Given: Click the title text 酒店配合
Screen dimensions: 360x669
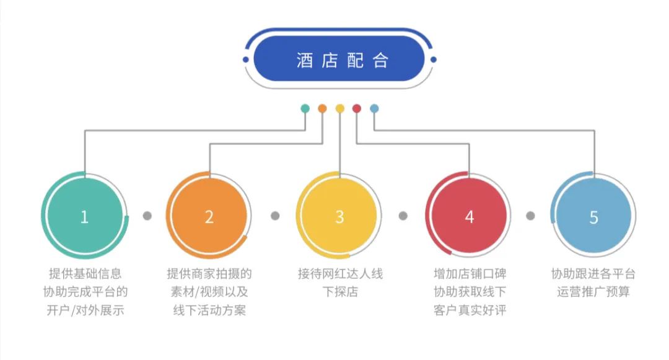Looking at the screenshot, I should click(342, 60).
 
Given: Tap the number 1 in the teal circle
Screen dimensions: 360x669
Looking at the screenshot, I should click(84, 217).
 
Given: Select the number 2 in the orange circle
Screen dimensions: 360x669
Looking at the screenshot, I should click(209, 217).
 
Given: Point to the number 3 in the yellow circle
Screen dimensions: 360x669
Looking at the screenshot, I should click(339, 217).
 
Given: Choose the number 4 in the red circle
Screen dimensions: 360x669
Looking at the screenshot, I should click(469, 217).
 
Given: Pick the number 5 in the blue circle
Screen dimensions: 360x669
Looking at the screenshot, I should click(593, 217).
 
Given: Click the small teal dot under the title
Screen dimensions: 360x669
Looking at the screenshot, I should click(305, 108).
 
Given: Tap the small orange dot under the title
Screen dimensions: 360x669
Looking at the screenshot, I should click(322, 108).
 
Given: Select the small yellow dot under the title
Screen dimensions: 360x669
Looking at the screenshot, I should click(339, 108).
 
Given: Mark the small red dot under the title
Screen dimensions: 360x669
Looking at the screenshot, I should click(357, 108).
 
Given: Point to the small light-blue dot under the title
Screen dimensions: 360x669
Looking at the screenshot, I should click(374, 108).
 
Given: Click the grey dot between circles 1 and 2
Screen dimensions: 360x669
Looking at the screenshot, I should click(147, 216).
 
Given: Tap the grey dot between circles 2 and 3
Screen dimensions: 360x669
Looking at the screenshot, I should click(275, 216).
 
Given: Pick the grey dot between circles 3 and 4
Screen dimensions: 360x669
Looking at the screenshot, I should click(403, 216).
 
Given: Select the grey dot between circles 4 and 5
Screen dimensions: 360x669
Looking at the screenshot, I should click(530, 216).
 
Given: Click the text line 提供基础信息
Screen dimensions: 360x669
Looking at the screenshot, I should click(85, 273).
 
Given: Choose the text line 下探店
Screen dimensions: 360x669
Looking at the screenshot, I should click(340, 291).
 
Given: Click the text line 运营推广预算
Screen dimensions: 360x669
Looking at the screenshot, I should click(593, 291).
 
